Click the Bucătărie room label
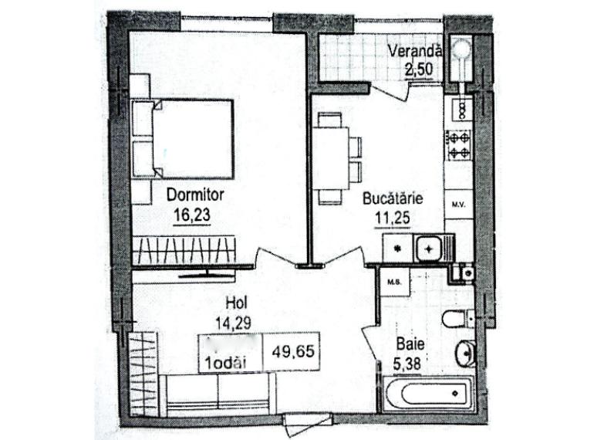click(x=394, y=197)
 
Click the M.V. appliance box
click(x=458, y=205)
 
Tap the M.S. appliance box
click(x=392, y=281)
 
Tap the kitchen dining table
click(x=332, y=158)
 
